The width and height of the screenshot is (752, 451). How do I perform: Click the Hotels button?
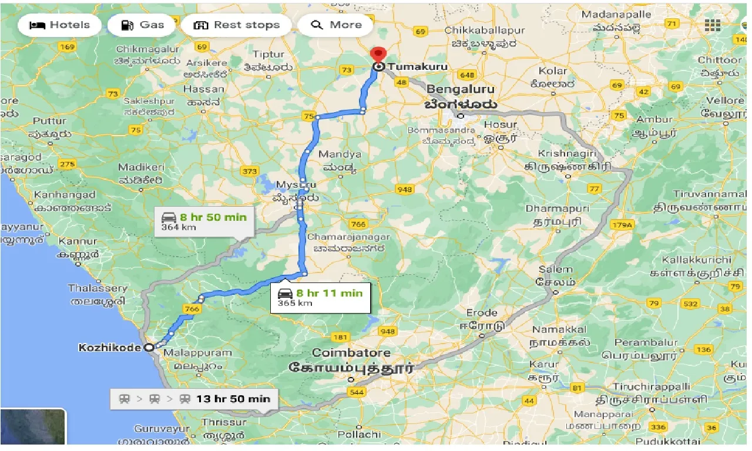click(x=59, y=25)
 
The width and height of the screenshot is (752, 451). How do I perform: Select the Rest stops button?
click(x=236, y=25)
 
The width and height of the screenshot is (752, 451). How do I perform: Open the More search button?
click(x=335, y=25)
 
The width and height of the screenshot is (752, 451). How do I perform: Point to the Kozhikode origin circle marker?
click(x=149, y=347)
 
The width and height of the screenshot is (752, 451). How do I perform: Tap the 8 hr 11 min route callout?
click(x=321, y=298)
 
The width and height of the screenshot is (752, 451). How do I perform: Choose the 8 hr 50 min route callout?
click(x=204, y=222)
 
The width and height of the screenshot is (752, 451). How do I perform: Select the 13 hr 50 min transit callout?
click(x=194, y=399)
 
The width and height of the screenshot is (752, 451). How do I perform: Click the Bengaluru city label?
click(x=461, y=90)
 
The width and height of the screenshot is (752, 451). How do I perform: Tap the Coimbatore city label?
click(x=351, y=354)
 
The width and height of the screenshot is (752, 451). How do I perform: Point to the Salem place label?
click(x=552, y=268)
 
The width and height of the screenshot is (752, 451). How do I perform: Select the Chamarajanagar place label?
click(x=349, y=237)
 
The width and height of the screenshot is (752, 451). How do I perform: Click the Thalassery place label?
click(x=98, y=288)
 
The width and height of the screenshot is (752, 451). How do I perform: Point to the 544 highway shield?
click(x=356, y=392)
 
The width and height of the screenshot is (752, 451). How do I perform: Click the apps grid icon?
click(x=713, y=25)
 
